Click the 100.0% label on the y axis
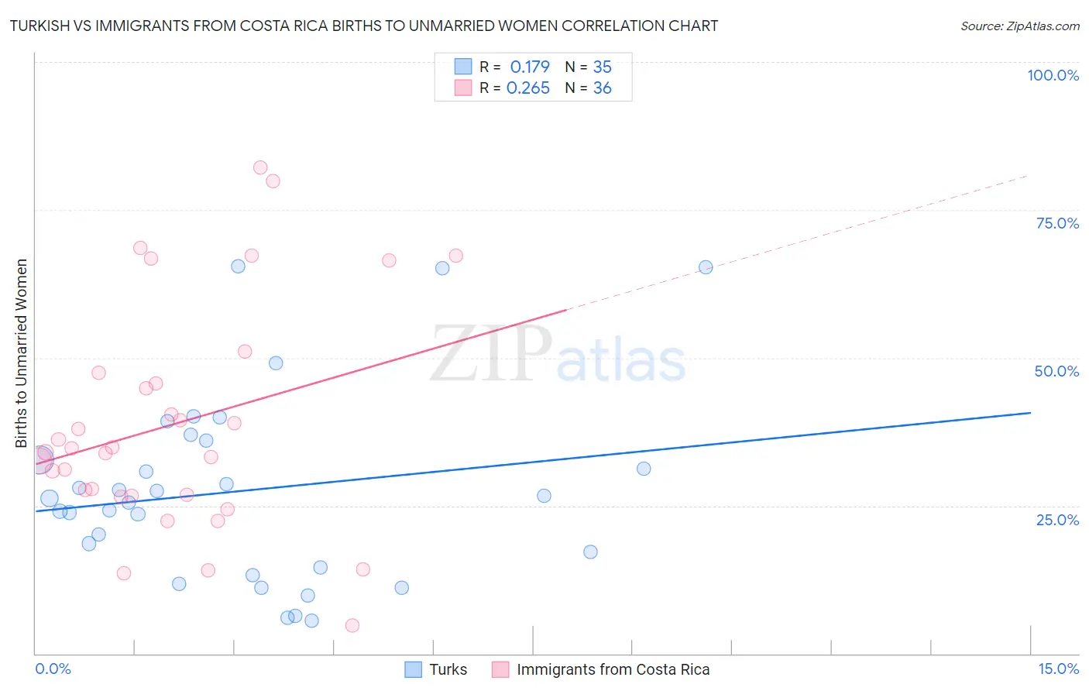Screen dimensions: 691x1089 pos(1053,75)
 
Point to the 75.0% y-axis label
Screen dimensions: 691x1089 pos(1057,223)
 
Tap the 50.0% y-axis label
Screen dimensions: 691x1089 pos(1056,371)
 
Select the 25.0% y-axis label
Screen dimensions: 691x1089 pos(1057,520)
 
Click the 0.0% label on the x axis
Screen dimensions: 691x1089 pos(53,669)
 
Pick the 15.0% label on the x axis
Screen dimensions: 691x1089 pos(1058,669)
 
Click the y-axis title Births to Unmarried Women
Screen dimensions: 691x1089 pos(21,353)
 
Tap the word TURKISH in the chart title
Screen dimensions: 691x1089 pos(43,26)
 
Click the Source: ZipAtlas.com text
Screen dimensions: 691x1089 pos(1019,26)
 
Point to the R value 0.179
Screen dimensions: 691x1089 pos(529,67)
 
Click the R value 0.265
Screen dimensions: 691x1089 pos(527,88)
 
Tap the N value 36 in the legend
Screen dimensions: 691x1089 pos(602,88)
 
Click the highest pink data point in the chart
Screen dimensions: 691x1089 pos(260,168)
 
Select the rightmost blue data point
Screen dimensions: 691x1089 pos(706,267)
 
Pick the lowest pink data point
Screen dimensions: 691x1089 pos(352,625)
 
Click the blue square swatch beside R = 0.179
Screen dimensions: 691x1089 pos(462,67)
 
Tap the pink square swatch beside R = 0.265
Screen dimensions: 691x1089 pos(462,88)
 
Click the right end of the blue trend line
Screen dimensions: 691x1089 pos(1030,413)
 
